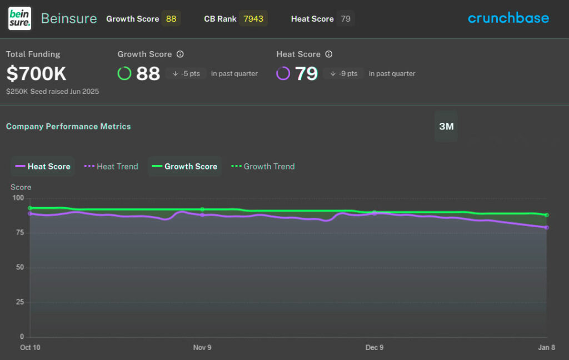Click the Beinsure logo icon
tap(19, 19)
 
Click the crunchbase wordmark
tap(508, 18)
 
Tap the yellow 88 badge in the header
tap(171, 19)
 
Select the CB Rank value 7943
tap(253, 19)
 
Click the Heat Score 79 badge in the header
tap(346, 19)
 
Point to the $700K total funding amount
tap(36, 73)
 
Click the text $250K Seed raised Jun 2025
tap(52, 91)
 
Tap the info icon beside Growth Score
tap(180, 54)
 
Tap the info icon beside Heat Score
tap(328, 54)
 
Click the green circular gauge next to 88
tap(124, 73)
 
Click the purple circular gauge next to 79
tap(283, 73)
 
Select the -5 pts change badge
tap(186, 73)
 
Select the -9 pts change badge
tap(343, 73)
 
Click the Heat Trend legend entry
tap(111, 166)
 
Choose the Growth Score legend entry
tap(184, 166)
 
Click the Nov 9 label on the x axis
tap(202, 348)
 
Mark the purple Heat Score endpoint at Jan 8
tap(547, 227)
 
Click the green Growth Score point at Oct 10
tap(30, 208)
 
